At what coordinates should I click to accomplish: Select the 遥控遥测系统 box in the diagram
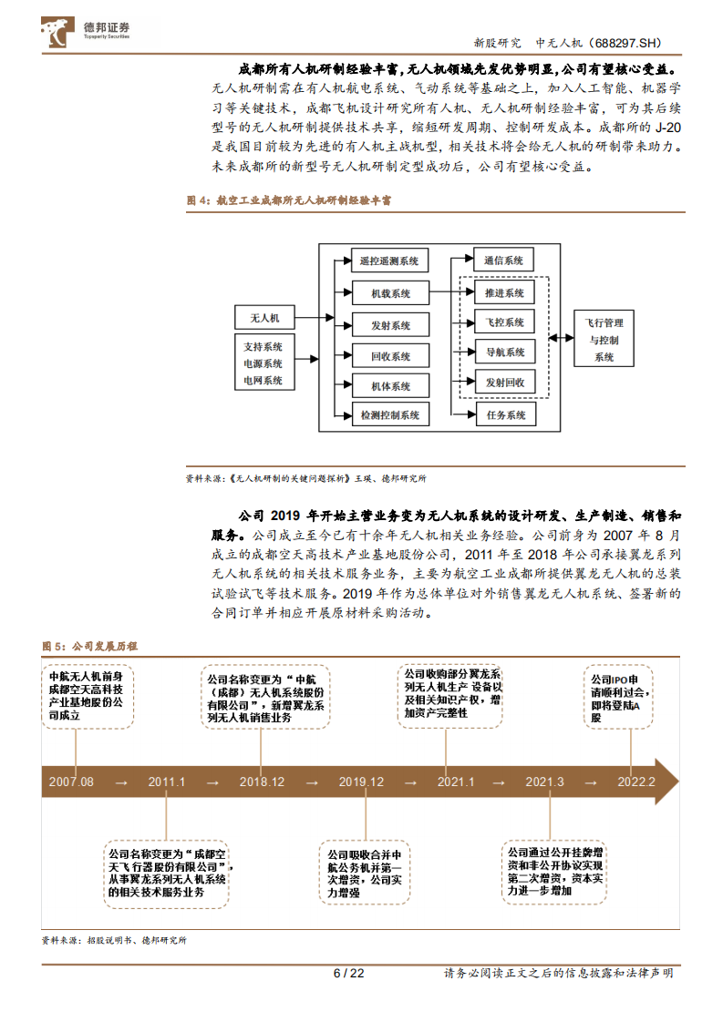tap(389, 261)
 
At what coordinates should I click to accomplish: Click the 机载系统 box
tap(389, 293)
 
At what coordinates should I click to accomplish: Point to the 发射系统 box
tap(389, 325)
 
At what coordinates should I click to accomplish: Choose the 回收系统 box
tap(389, 356)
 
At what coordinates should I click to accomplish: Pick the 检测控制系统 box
tap(389, 415)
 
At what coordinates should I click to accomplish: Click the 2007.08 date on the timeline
tap(71, 782)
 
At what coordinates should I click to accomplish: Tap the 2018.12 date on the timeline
tap(262, 782)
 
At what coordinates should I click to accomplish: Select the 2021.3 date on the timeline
tap(544, 782)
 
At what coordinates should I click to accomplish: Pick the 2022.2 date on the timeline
tap(635, 782)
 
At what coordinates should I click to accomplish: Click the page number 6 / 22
tap(348, 973)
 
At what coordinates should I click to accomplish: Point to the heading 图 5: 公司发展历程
tap(89, 646)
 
